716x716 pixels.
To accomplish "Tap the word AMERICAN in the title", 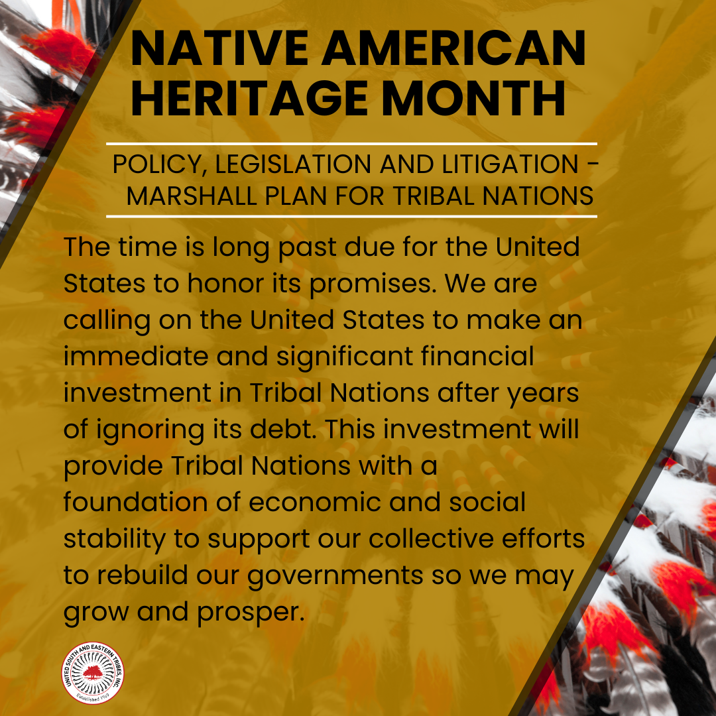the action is tap(454, 48).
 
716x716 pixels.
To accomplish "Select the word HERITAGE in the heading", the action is tap(249, 98).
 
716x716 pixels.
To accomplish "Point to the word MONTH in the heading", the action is tap(474, 98).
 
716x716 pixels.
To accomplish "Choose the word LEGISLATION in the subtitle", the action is tap(293, 164).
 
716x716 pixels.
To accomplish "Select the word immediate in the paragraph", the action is tap(136, 356).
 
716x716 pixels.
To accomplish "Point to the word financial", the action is tap(477, 356).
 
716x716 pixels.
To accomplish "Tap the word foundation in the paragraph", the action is tap(136, 502).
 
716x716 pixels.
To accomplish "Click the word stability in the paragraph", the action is tap(115, 539).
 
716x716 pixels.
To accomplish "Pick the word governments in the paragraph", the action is tap(335, 576).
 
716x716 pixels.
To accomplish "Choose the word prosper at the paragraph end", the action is tap(251, 613).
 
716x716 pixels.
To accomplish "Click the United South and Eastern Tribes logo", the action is tap(93, 673).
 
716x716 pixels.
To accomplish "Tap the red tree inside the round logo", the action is tap(93, 672).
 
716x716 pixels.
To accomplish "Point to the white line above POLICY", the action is tap(351, 144).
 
